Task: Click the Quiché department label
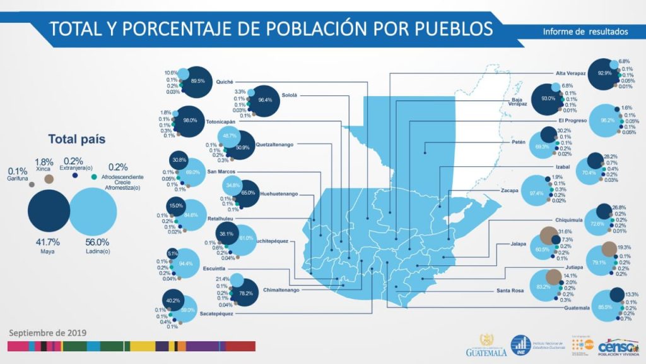click(225, 82)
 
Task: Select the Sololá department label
click(289, 95)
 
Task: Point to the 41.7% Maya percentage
click(49, 242)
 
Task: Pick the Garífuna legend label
click(17, 177)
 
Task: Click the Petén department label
click(519, 142)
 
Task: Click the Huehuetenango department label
click(278, 194)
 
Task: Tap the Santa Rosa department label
click(509, 292)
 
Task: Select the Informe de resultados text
click(585, 31)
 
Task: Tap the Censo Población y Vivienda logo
click(618, 347)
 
